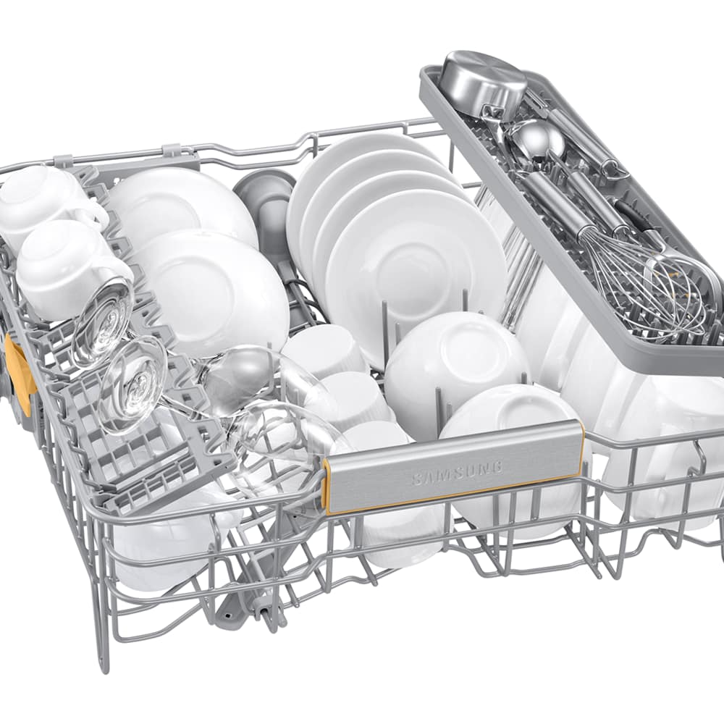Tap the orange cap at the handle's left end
click(x=327, y=487)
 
